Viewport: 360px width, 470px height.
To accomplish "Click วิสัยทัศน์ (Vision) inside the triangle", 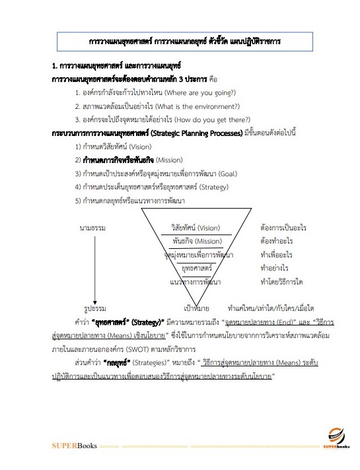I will (x=196, y=228).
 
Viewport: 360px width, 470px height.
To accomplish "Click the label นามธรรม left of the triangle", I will (x=92, y=228).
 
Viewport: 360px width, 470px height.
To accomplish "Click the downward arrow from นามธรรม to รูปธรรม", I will (x=95, y=268).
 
